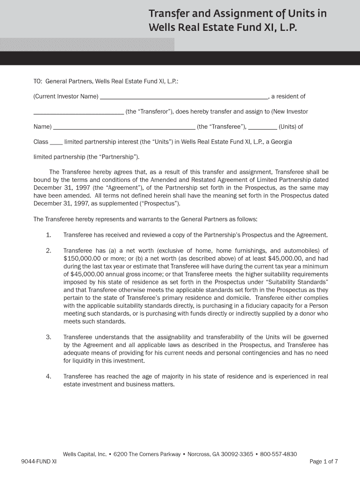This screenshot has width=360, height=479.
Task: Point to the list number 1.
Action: [x=49, y=235]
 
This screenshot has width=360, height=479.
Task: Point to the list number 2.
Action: [x=49, y=251]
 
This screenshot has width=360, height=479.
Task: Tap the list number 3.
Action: [x=49, y=337]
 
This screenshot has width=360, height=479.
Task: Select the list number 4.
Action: [x=49, y=377]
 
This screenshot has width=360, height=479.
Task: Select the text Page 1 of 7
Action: [x=324, y=462]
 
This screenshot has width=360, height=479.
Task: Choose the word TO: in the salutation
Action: [x=38, y=81]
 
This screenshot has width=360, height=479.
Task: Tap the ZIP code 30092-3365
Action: [x=241, y=454]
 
